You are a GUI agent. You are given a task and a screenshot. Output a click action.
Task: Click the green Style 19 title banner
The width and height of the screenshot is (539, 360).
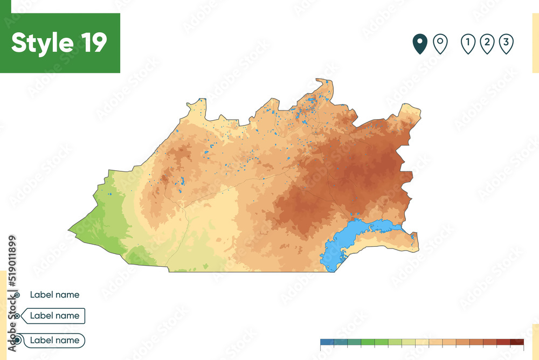[x=60, y=43]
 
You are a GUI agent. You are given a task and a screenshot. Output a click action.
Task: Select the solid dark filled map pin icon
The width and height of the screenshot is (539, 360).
[x=420, y=44]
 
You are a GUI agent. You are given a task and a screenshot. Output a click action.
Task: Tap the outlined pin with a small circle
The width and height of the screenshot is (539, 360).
[x=440, y=44]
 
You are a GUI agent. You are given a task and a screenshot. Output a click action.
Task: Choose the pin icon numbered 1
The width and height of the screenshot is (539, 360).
[x=468, y=44]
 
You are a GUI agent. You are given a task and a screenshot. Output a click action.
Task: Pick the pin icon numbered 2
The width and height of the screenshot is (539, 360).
[x=487, y=44]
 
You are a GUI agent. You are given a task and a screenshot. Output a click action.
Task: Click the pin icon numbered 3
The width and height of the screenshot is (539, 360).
[x=506, y=44]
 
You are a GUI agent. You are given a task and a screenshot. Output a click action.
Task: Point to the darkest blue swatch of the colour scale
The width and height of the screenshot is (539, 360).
[x=327, y=342]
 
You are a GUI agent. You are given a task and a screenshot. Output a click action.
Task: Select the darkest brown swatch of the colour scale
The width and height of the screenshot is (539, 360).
[x=517, y=342]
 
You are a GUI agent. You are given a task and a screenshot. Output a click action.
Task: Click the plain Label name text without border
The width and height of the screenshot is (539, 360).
[x=54, y=295]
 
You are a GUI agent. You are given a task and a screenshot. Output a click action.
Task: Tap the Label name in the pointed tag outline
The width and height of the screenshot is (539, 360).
[x=54, y=316]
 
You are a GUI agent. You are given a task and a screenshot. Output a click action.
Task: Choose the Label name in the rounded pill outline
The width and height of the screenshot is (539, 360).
[x=54, y=340]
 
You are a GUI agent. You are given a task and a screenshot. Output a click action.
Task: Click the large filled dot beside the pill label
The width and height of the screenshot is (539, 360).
[x=18, y=340]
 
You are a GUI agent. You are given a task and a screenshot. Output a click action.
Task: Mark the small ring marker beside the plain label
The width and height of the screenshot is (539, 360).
[x=18, y=295]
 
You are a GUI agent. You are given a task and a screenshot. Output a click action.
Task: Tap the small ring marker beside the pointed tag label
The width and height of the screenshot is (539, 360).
[x=18, y=316]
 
